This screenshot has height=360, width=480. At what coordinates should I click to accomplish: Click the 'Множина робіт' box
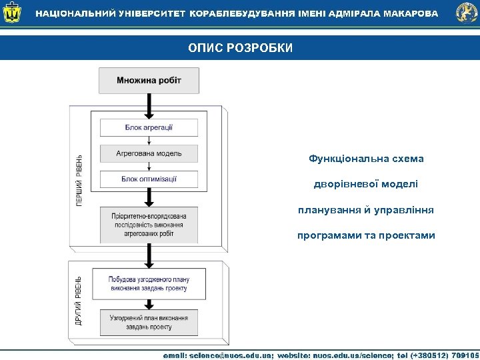[x=149, y=81]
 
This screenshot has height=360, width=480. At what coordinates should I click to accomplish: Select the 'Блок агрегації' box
[x=149, y=127]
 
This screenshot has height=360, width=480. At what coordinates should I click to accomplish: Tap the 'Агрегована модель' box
[x=149, y=153]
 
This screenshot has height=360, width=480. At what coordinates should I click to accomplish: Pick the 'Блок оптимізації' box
[x=149, y=179]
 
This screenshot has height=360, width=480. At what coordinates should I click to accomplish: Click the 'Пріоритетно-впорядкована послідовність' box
[x=149, y=225]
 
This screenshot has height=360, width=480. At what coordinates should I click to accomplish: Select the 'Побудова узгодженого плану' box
[x=149, y=283]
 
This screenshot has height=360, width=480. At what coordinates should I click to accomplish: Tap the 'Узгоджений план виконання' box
[x=149, y=323]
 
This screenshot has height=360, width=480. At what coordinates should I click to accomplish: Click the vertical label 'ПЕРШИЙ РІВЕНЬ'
[x=80, y=179]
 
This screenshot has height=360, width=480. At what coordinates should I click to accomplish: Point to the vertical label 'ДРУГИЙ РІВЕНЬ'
[x=79, y=301]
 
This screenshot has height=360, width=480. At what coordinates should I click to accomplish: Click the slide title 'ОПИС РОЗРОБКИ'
[x=240, y=48]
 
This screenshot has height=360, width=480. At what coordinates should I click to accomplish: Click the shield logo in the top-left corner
[x=13, y=13]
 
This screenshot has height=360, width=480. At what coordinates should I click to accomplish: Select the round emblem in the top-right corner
[x=466, y=13]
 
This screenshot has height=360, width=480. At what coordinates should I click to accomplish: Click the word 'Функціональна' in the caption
[x=341, y=159]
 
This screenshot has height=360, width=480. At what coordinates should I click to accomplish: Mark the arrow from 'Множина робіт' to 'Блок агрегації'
[x=149, y=106]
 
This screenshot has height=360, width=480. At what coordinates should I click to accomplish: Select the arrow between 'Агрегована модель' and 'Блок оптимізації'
[x=149, y=166]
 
